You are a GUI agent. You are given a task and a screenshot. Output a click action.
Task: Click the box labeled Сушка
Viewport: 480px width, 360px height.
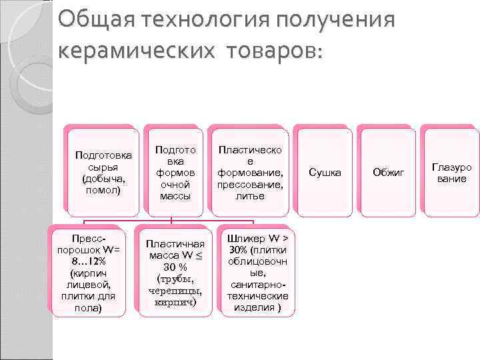tap(325, 173)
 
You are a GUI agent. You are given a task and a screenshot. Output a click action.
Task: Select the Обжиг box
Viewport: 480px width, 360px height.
tap(389, 173)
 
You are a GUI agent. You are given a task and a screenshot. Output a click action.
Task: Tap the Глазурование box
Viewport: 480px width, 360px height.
tap(451, 173)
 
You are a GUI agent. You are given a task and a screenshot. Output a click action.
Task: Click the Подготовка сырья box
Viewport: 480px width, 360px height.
tap(103, 173)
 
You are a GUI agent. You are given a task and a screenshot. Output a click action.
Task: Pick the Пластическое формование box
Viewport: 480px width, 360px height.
tap(250, 173)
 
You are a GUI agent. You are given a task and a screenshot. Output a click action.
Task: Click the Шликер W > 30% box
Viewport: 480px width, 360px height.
tap(257, 273)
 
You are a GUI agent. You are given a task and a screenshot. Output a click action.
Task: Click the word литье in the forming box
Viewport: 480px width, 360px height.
tap(250, 196)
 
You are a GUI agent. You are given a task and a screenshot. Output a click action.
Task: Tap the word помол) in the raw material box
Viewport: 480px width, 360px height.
tap(103, 190)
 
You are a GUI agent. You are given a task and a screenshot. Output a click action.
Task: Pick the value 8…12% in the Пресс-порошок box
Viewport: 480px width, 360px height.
tap(87, 260)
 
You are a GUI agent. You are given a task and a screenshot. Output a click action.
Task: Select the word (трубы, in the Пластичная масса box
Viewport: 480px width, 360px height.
tap(175, 278)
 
